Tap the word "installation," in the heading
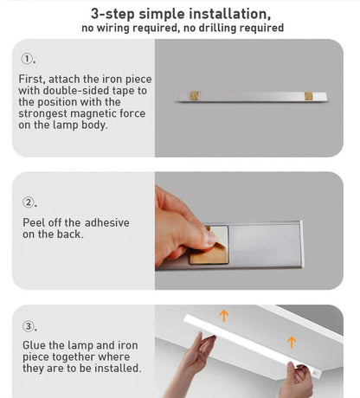[226, 15]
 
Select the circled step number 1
[28, 60]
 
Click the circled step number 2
[29, 202]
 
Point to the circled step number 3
[29, 326]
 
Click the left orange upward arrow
[223, 316]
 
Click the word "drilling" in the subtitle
[208, 29]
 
